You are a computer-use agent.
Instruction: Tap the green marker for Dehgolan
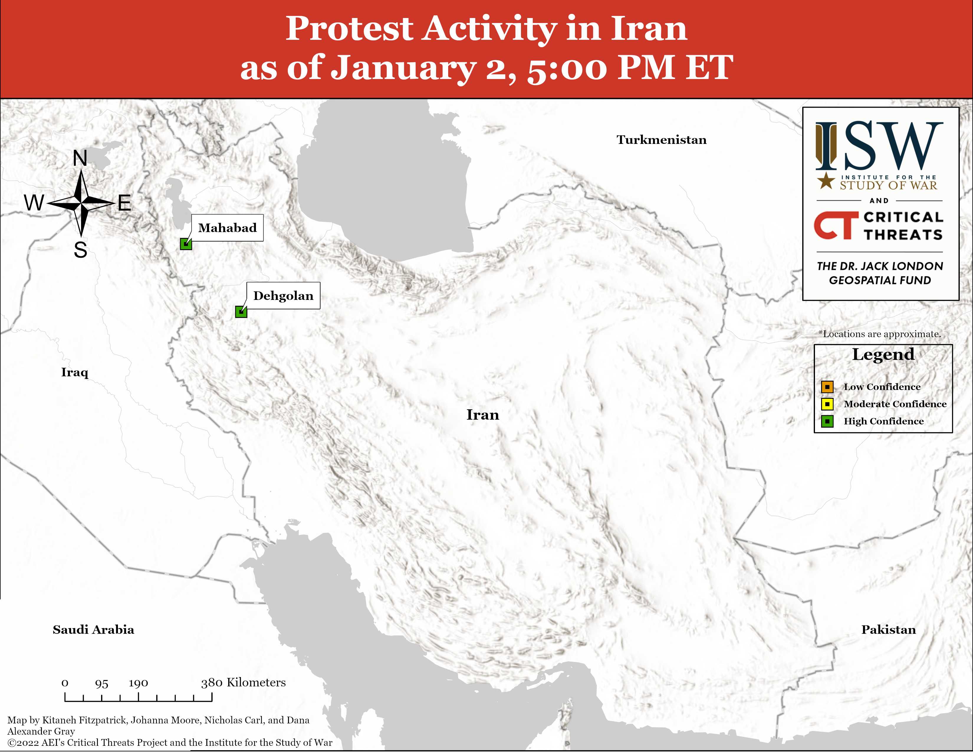pyautogui.click(x=241, y=312)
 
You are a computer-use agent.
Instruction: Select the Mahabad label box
pyautogui.click(x=227, y=228)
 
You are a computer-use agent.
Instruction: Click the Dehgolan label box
pyautogui.click(x=283, y=295)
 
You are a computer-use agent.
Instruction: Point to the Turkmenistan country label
pyautogui.click(x=662, y=140)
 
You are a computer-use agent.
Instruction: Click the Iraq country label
pyautogui.click(x=75, y=372)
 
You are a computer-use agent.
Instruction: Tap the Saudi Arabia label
pyautogui.click(x=93, y=630)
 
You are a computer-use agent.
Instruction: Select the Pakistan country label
pyautogui.click(x=889, y=630)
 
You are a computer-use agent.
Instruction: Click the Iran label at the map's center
pyautogui.click(x=483, y=415)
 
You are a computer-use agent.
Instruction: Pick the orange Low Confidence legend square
pyautogui.click(x=827, y=387)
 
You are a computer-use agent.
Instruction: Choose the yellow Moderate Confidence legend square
pyautogui.click(x=827, y=404)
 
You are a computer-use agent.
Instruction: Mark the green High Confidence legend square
pyautogui.click(x=827, y=421)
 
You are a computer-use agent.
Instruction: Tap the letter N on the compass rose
pyautogui.click(x=80, y=158)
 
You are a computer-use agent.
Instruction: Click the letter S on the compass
pyautogui.click(x=80, y=250)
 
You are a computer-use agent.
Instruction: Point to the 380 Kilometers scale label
pyautogui.click(x=243, y=682)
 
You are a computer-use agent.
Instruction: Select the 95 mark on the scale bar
pyautogui.click(x=102, y=683)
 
